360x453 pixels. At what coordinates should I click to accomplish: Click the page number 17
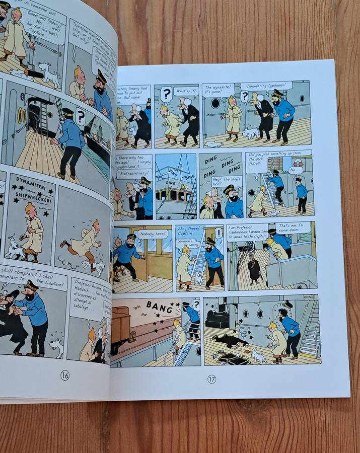pyautogui.click(x=211, y=379)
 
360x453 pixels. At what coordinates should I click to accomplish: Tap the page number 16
pyautogui.click(x=65, y=375)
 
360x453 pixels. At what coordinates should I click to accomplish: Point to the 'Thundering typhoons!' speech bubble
pyautogui.click(x=266, y=86)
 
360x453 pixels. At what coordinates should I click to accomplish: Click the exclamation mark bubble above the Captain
pyautogui.click(x=219, y=233)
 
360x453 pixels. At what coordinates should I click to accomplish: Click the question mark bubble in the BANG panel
pyautogui.click(x=196, y=305)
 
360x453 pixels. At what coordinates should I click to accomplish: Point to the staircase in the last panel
pyautogui.click(x=309, y=332)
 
